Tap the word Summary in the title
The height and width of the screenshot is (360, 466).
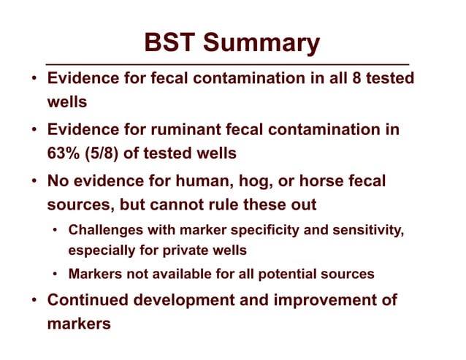(262, 43)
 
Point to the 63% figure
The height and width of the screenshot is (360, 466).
(62, 153)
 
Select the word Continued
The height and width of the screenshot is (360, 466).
(87, 300)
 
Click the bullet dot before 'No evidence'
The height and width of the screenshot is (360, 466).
(35, 180)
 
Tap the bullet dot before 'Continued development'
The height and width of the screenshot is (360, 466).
(35, 300)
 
